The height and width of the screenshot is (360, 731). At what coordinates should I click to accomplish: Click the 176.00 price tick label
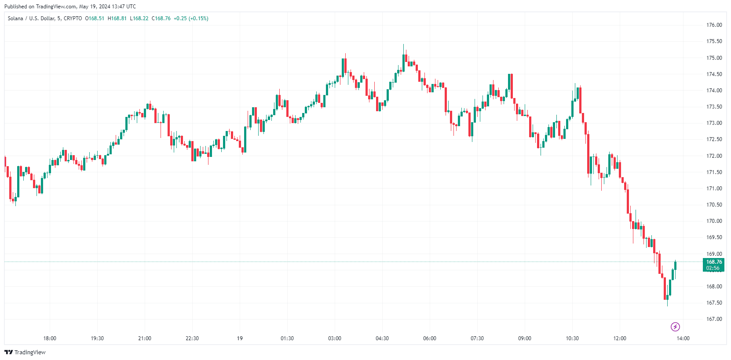714,25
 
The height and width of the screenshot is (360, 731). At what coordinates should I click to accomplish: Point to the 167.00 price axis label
714,319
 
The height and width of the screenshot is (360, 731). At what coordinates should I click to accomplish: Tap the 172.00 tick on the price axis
714,156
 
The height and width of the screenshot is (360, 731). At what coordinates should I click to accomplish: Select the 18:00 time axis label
50,338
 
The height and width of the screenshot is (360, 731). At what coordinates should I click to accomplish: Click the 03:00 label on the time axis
335,338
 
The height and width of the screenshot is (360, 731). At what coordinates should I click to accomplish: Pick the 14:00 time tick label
683,338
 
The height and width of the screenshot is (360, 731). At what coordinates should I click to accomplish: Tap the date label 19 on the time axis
240,338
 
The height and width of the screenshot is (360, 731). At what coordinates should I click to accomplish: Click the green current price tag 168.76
714,262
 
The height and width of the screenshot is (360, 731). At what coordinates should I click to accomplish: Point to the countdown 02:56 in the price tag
713,268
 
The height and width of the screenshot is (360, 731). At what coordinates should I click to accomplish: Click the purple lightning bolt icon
675,327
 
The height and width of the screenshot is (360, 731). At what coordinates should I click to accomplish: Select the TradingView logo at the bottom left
25,352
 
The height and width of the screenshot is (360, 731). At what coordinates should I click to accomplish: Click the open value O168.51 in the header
95,18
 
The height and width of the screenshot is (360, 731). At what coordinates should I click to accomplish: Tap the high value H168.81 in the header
117,18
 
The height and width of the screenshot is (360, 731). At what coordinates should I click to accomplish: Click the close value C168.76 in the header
161,18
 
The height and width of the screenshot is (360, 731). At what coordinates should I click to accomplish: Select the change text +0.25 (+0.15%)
191,18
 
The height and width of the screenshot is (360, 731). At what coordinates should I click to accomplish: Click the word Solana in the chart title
15,18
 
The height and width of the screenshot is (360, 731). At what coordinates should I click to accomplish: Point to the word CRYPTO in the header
73,18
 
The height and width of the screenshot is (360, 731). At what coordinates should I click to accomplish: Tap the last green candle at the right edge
675,265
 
